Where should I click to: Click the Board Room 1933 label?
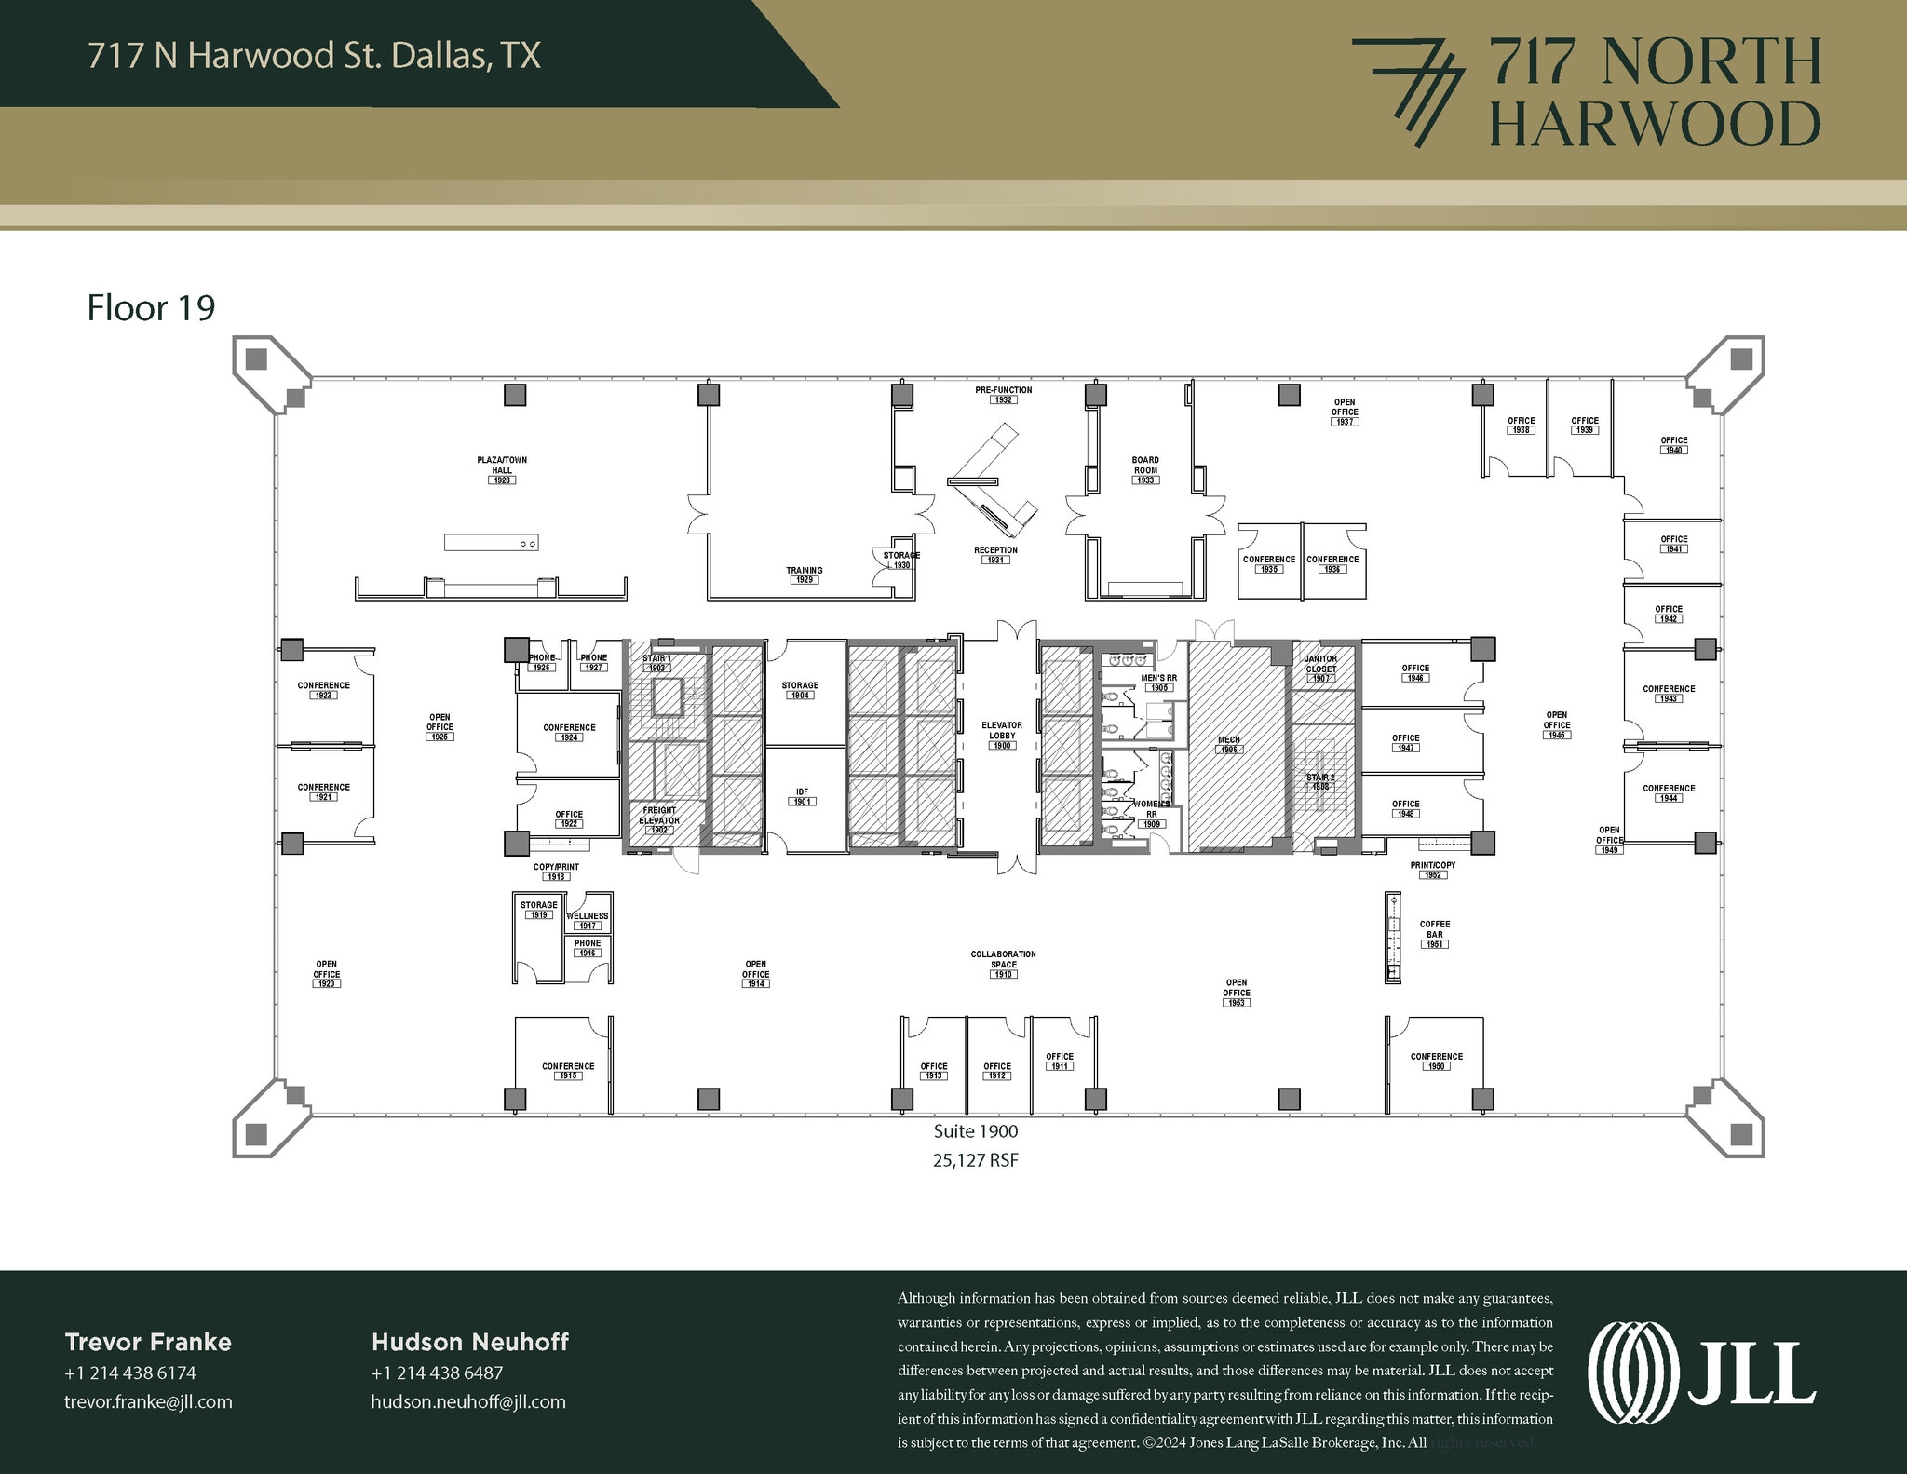click(1145, 470)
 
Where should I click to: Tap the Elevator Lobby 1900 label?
click(1002, 736)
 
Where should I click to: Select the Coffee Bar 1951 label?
click(1435, 934)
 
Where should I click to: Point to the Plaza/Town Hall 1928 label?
click(502, 470)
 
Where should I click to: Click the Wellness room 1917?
click(588, 920)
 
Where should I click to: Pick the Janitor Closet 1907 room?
click(1321, 668)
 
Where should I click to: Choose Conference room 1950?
click(1436, 1061)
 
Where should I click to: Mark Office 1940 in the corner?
click(1673, 445)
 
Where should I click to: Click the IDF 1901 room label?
click(802, 797)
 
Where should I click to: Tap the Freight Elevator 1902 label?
click(659, 819)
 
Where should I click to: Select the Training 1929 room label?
click(804, 575)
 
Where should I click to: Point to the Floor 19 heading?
click(151, 308)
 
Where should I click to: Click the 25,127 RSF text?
click(975, 1160)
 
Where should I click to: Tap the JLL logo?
click(1701, 1374)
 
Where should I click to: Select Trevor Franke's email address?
click(148, 1401)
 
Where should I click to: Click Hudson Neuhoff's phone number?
click(437, 1373)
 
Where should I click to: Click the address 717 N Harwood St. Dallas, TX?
click(314, 55)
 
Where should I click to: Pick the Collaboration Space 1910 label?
click(1003, 964)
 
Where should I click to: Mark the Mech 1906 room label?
click(1229, 744)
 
